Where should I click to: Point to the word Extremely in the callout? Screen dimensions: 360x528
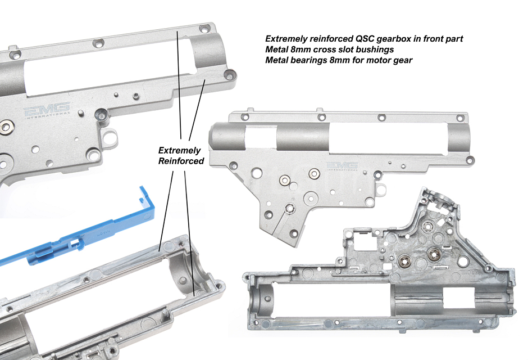(x=179, y=151)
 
